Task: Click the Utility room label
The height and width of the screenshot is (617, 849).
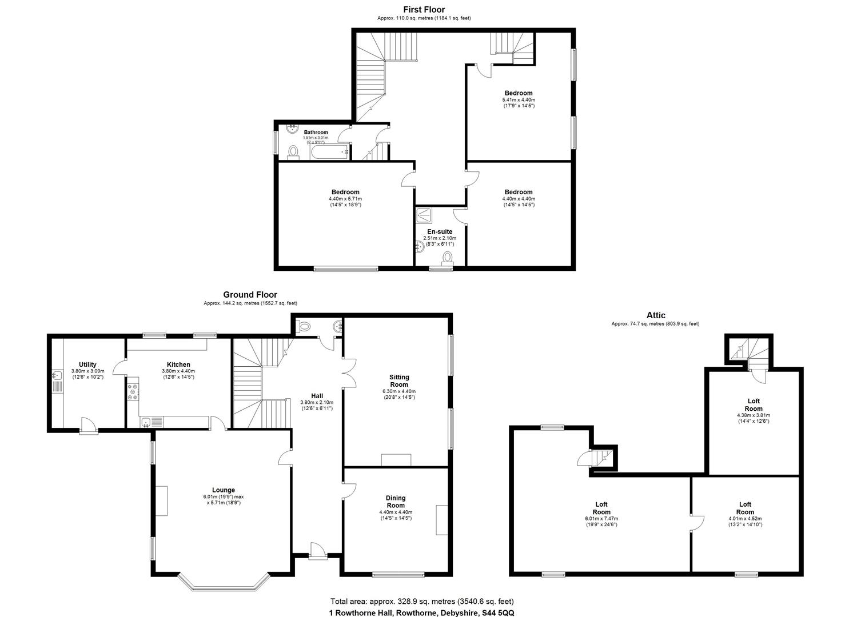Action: [87, 364]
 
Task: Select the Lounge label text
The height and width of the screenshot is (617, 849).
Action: [224, 490]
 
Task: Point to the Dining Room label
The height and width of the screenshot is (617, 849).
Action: [396, 502]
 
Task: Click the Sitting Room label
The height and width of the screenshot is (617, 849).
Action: [399, 380]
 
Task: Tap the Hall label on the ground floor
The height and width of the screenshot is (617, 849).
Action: [317, 396]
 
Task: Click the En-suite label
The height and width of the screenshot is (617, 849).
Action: [440, 231]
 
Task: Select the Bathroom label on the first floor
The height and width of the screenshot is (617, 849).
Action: [316, 132]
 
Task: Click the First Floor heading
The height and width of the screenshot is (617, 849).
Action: [424, 9]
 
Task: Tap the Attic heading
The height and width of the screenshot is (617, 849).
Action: [656, 315]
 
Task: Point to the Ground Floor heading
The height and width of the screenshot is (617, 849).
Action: [250, 295]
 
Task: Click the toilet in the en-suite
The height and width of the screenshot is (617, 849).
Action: [447, 258]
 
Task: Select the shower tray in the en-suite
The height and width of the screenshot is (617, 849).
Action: [425, 214]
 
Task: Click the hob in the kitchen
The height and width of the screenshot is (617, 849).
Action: [133, 390]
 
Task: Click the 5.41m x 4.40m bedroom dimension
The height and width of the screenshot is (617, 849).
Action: [519, 99]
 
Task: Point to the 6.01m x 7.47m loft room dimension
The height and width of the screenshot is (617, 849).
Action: [601, 519]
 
